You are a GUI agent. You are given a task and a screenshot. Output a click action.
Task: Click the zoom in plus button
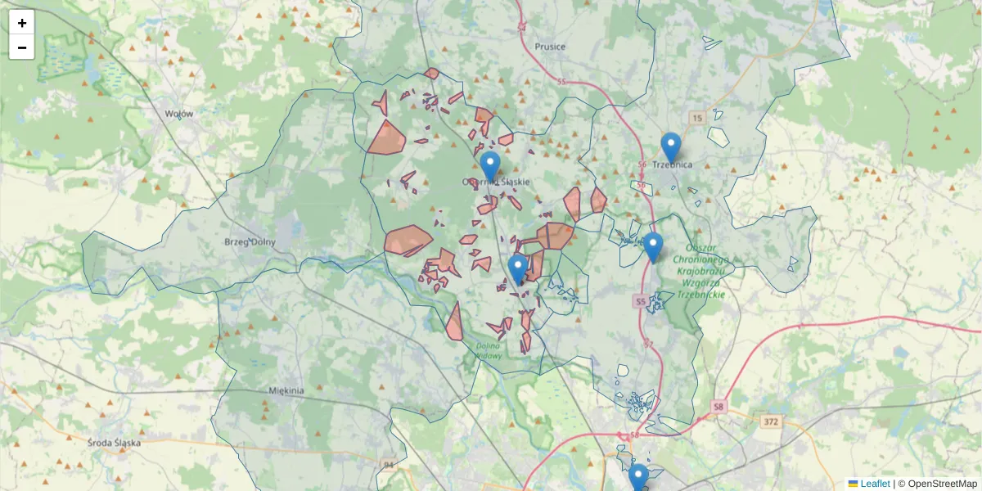pyautogui.click(x=22, y=23)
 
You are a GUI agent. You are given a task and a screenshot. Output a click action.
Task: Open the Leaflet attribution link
pyautogui.click(x=875, y=484)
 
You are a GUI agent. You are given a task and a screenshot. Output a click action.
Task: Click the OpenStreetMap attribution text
pyautogui.click(x=943, y=484)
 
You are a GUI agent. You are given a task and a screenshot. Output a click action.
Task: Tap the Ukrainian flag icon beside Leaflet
pyautogui.click(x=854, y=484)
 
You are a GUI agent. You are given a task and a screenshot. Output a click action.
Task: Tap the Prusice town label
pyautogui.click(x=550, y=47)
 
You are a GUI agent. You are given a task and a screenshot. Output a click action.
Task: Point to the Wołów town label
pyautogui.click(x=179, y=114)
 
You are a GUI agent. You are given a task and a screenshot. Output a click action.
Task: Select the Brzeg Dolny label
pyautogui.click(x=250, y=242)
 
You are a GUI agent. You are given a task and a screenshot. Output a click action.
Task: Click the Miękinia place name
pyautogui.click(x=286, y=390)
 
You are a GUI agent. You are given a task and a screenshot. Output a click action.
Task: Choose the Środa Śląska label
pyautogui.click(x=115, y=442)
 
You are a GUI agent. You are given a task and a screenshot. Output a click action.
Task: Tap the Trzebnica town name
pyautogui.click(x=673, y=164)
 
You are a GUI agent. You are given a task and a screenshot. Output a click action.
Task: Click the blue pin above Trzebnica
pyautogui.click(x=671, y=146)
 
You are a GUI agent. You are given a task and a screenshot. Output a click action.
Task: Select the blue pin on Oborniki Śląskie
pyautogui.click(x=490, y=165)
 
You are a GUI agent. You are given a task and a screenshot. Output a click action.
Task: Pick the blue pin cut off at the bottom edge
pyautogui.click(x=638, y=477)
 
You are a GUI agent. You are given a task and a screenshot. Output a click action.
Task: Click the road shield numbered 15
pyautogui.click(x=696, y=118)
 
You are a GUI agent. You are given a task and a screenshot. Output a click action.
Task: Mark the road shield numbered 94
pyautogui.click(x=388, y=465)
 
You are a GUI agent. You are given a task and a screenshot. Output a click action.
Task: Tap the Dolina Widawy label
pyautogui.click(x=489, y=349)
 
